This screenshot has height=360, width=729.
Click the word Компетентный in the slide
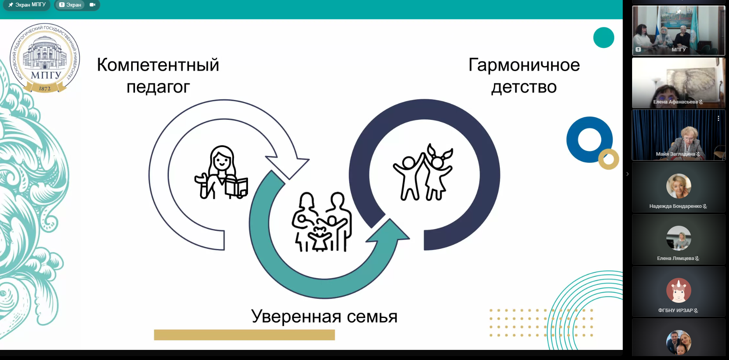(x=158, y=65)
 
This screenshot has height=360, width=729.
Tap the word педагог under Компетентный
(x=158, y=87)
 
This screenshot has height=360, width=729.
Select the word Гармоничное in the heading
(x=524, y=65)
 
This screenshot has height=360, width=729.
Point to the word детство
(x=524, y=87)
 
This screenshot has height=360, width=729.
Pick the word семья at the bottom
(x=372, y=317)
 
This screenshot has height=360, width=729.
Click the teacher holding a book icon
(x=221, y=173)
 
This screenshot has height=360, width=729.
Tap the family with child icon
(x=322, y=222)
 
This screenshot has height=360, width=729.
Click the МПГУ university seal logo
(x=45, y=58)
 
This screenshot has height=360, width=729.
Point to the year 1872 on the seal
(x=45, y=89)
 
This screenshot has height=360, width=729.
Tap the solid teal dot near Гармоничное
(x=604, y=38)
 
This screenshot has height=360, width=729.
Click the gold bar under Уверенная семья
(x=244, y=335)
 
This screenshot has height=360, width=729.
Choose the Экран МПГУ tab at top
(x=27, y=5)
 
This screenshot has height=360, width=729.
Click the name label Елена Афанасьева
(x=675, y=102)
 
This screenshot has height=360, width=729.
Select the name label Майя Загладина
(x=675, y=154)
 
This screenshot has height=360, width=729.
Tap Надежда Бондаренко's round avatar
(x=678, y=186)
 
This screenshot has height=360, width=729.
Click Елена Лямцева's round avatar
(x=678, y=238)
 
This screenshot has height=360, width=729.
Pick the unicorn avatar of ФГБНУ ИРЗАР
(x=678, y=290)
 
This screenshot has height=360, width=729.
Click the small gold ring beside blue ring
(x=609, y=159)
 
